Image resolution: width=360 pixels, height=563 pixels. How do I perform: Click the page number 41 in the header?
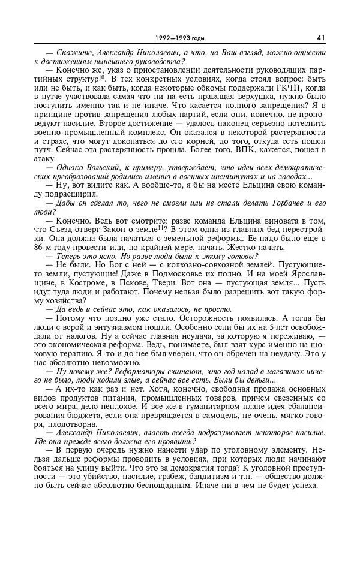(x=321, y=37)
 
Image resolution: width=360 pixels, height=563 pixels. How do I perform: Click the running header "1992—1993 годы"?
(x=179, y=38)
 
